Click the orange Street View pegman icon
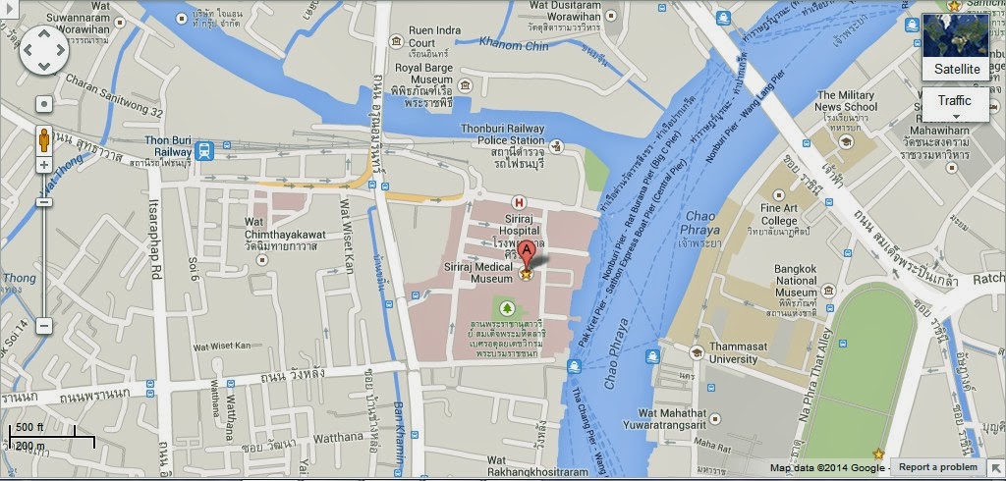[x=44, y=139]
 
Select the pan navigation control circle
[x=44, y=49]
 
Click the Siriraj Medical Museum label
[x=477, y=272]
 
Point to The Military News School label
[x=846, y=100]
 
